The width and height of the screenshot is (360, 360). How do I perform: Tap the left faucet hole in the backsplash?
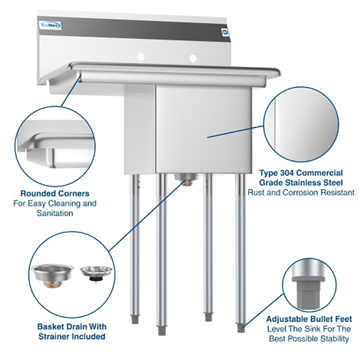coord(141,57)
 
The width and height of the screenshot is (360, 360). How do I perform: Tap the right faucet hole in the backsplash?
coord(193,58)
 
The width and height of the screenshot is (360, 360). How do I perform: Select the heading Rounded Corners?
coord(55,193)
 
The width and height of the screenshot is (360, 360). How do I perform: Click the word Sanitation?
coord(54,213)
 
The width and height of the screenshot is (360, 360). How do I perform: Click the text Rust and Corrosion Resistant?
coord(301,192)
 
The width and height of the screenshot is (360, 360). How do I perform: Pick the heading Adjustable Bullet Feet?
coord(309,319)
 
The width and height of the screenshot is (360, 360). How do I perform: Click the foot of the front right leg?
coord(241,328)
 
